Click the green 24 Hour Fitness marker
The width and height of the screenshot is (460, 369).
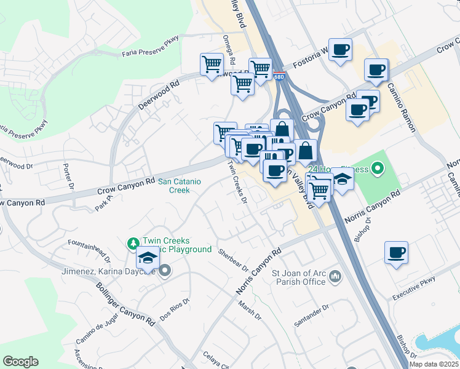click(378, 167)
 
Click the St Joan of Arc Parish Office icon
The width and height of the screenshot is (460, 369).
click(335, 277)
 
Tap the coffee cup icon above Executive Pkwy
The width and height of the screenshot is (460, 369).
click(396, 252)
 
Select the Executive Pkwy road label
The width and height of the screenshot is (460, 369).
click(414, 288)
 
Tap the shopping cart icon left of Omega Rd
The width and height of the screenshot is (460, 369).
click(212, 63)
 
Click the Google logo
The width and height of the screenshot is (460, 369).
click(20, 362)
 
